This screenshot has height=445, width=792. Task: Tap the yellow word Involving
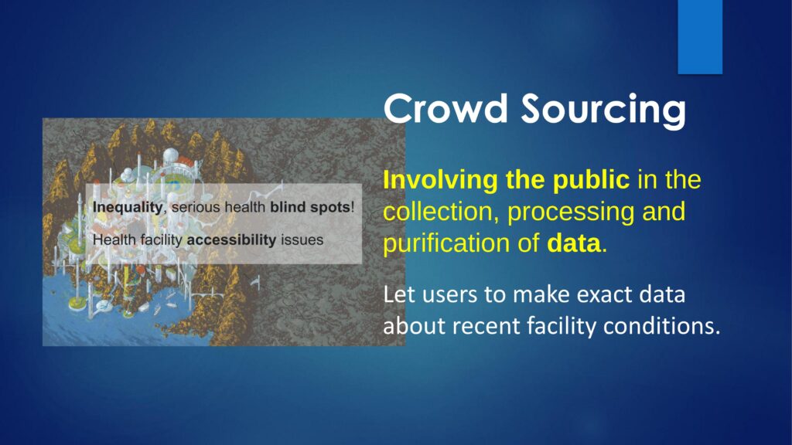point(440,181)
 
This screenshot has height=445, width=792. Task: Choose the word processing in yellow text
point(571,213)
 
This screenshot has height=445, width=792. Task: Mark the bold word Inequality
point(128,208)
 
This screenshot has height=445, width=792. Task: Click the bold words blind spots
point(309,208)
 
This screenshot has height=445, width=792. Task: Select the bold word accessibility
point(231,240)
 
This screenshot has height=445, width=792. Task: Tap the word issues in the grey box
point(302,239)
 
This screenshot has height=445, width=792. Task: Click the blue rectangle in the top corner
point(700,37)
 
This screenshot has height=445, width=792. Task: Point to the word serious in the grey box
point(196,207)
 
